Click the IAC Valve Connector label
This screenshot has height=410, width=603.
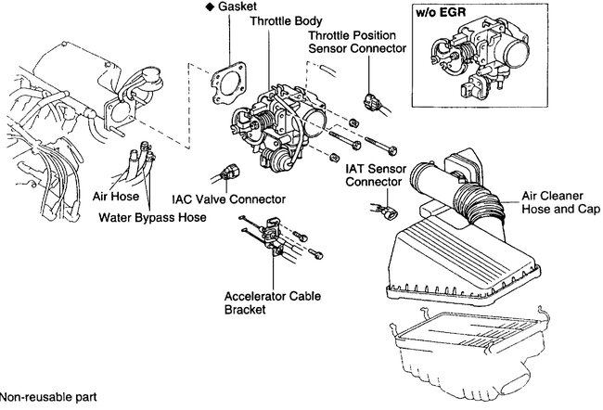click(x=228, y=199)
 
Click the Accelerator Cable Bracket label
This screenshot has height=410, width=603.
click(x=266, y=304)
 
